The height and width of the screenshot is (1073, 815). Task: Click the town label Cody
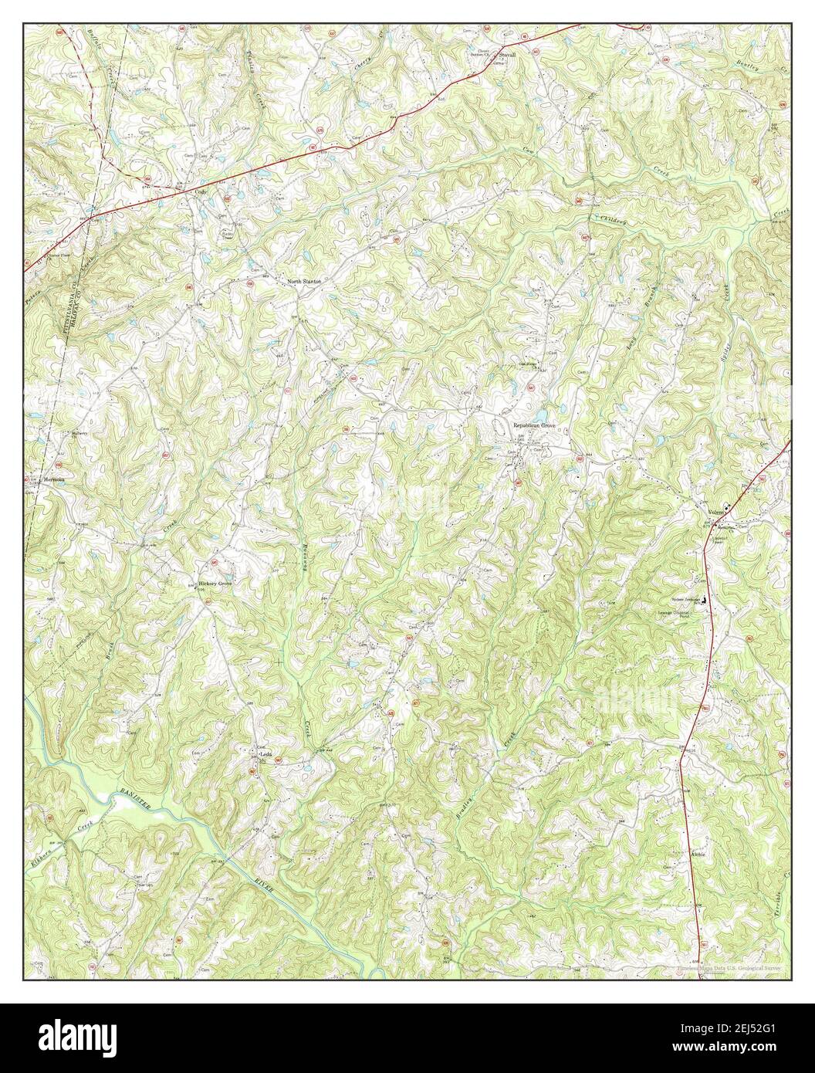click(203, 191)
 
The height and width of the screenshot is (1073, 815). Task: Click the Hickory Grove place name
click(215, 584)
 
